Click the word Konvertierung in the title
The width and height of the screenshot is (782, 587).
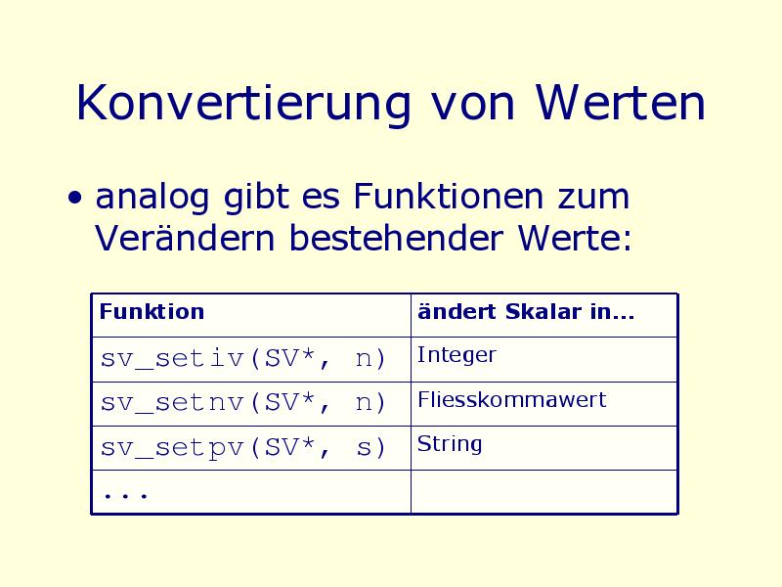(243, 104)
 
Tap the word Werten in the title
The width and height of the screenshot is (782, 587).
(621, 103)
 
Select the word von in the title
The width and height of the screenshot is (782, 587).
(473, 108)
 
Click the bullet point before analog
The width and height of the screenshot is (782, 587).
(75, 198)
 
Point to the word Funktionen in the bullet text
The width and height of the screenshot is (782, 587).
(448, 196)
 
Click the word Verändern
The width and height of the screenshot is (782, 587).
(185, 238)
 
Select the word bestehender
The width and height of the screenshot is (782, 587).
(396, 238)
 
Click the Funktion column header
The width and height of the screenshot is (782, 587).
(152, 311)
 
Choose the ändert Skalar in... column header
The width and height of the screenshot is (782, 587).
(526, 311)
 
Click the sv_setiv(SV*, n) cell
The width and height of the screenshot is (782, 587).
(242, 358)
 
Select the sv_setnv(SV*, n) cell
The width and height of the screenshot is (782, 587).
(242, 402)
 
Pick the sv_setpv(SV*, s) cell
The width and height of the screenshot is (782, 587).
(242, 447)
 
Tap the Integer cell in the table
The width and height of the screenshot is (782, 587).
(456, 355)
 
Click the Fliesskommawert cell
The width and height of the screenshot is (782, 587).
(511, 399)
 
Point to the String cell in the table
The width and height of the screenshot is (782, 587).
(450, 444)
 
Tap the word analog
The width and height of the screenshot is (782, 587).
(152, 199)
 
